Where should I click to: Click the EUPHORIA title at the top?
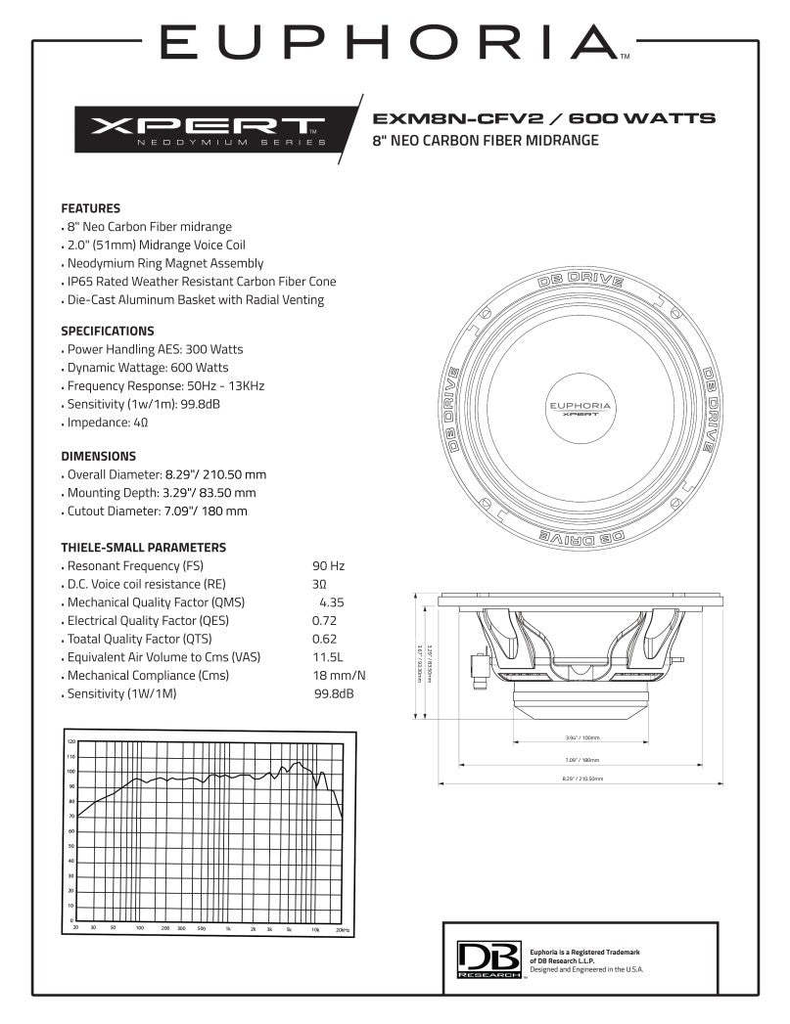(388, 43)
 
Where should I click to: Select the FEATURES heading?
(91, 208)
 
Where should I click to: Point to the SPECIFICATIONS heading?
(108, 331)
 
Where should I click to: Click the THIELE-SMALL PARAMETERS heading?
(144, 548)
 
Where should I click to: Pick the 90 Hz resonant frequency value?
(329, 566)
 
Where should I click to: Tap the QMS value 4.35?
(332, 602)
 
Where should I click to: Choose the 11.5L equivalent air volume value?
(328, 657)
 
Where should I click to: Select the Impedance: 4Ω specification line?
(108, 423)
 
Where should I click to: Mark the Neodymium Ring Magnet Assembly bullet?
(164, 263)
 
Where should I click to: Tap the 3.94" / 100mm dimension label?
(582, 737)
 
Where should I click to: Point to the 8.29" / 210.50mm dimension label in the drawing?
(582, 779)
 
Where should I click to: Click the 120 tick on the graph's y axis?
(70, 742)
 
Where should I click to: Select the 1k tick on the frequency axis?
(227, 927)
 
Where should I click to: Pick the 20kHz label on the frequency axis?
(342, 927)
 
